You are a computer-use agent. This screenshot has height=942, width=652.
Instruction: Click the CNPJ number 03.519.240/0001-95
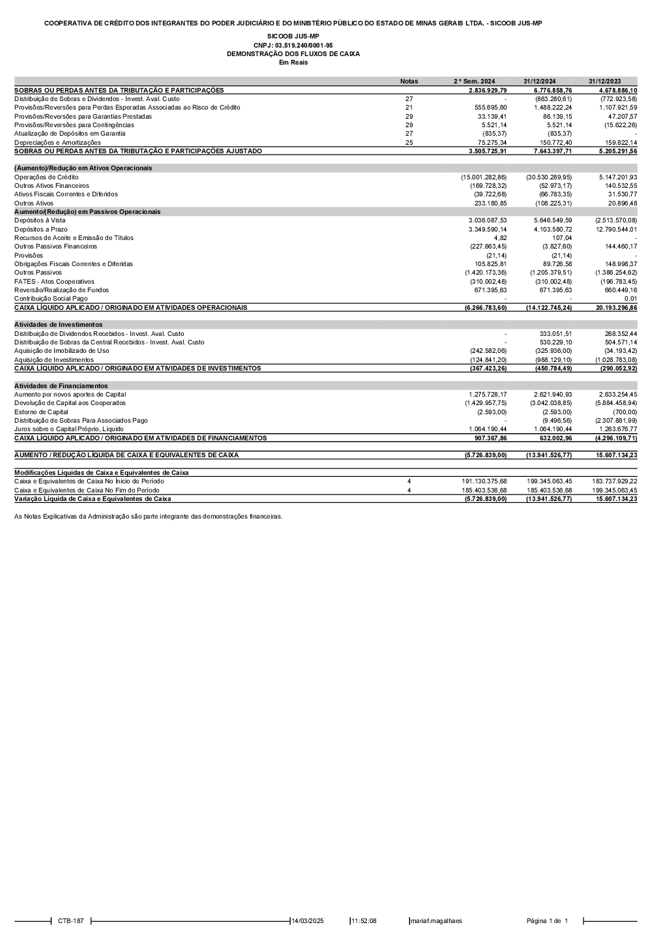pos(293,45)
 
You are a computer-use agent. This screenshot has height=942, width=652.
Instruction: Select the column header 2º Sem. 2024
pos(475,82)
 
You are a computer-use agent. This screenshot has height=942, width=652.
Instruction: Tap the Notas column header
pos(409,82)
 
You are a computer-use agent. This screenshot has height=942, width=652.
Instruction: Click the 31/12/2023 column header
pos(604,82)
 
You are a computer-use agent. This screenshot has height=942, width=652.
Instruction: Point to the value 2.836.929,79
pos(488,90)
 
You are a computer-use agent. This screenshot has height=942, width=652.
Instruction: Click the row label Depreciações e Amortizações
pos(58,142)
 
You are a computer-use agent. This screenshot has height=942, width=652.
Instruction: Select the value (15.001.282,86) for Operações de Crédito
pos(484,177)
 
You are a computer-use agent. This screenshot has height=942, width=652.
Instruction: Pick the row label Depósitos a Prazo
pos(41,230)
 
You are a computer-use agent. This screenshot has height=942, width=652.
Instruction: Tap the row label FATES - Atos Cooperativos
pos(54,282)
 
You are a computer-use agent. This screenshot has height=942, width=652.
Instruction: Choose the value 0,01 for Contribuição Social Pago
pos(630,299)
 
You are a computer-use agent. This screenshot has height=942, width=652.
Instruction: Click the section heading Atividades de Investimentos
pos(59,324)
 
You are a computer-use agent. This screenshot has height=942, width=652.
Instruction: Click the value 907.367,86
pos(488,438)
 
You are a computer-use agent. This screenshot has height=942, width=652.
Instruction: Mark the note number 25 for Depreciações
pos(409,142)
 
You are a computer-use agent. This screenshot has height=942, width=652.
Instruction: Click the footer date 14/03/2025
pos(308,921)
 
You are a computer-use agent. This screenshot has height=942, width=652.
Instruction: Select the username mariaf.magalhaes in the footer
pos(436,921)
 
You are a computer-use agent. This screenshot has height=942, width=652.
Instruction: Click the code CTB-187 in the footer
pos(70,921)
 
